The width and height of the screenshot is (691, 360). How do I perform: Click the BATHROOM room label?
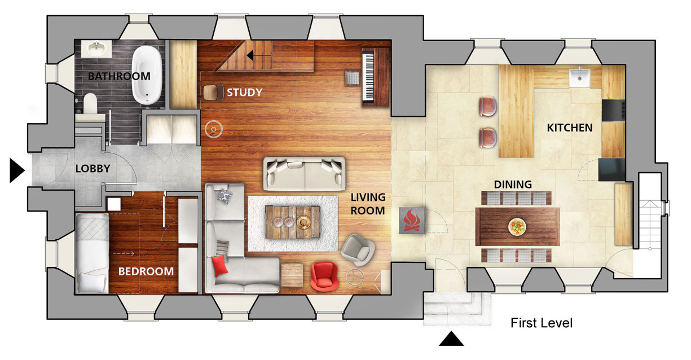(x=119, y=76)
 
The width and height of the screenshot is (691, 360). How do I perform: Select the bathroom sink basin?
(x=97, y=49)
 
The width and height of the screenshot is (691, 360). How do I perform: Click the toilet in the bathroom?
(x=90, y=103)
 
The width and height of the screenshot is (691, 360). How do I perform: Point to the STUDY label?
(x=245, y=92)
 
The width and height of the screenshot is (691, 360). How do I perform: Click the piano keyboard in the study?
(x=368, y=77)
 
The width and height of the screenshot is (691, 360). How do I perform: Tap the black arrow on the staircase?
(x=259, y=55)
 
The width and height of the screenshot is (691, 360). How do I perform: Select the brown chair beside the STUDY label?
(x=213, y=92)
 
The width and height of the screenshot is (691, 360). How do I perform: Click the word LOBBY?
(x=93, y=168)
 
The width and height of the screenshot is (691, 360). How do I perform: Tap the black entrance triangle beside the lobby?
(x=17, y=170)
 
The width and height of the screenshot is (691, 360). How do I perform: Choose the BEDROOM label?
(x=146, y=271)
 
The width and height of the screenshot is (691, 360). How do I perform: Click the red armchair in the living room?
(x=324, y=276)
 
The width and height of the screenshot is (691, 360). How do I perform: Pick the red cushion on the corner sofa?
(x=219, y=266)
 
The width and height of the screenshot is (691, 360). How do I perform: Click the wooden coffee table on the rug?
(x=293, y=222)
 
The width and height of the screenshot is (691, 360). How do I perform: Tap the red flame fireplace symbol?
(x=412, y=220)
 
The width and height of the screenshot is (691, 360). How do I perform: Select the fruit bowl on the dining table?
(x=517, y=227)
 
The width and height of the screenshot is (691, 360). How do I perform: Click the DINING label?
(x=513, y=185)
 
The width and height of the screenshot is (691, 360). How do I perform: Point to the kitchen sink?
(x=580, y=77)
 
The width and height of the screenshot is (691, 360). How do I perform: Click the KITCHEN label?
(x=570, y=128)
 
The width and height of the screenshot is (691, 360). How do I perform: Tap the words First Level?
(x=542, y=323)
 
